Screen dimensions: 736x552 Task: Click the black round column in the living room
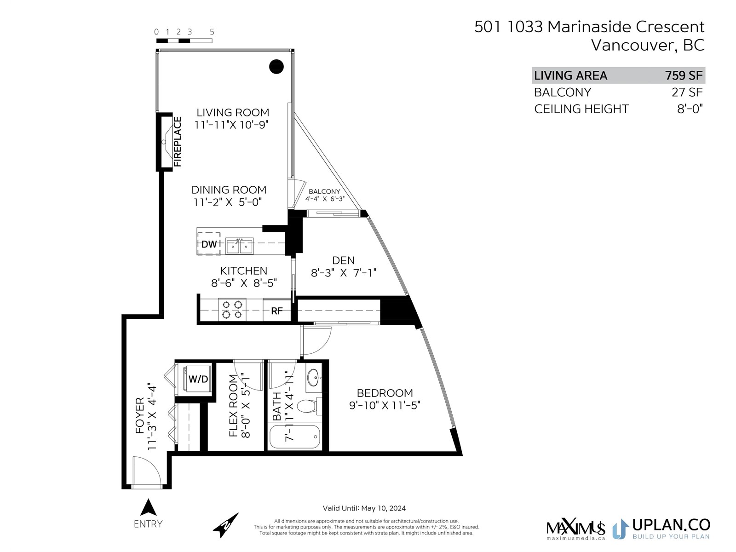pos(276,66)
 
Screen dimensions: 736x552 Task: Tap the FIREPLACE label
pos(177,141)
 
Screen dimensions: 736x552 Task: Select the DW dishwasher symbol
pos(209,244)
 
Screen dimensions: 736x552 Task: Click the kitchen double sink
pos(239,246)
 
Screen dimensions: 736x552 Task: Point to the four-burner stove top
pos(232,310)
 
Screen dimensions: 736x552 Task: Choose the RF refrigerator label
pos(276,311)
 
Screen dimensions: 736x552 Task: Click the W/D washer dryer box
pos(198,379)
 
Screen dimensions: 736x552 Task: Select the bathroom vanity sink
pos(314,377)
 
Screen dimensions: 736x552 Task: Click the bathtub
pos(295,436)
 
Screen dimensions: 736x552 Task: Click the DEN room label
pos(343,260)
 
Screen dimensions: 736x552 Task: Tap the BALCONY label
pos(324,191)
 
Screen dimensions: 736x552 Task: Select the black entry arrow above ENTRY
pos(148,507)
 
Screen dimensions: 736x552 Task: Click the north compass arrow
pos(226,525)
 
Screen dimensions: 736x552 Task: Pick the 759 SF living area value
pos(684,75)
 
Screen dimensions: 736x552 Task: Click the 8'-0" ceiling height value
pos(690,109)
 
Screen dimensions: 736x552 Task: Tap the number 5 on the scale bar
pos(212,32)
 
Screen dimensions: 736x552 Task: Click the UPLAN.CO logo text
pos(671,525)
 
